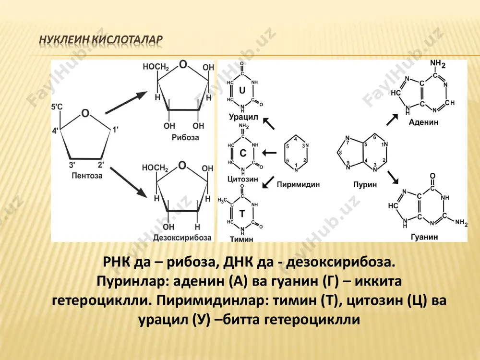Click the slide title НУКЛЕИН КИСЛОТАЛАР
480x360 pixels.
coord(101,40)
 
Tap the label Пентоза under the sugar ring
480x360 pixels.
coord(87,176)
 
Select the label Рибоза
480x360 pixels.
coord(185,137)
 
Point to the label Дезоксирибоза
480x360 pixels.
coord(182,238)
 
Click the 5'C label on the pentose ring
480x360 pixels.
coord(57,107)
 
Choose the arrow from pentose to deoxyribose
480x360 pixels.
coord(129,182)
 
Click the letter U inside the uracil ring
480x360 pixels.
coord(242,90)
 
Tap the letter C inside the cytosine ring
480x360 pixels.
coord(243,153)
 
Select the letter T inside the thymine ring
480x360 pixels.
coord(242,214)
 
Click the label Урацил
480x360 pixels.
coord(243,117)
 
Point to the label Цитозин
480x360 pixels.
coord(243,179)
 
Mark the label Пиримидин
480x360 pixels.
coord(298,185)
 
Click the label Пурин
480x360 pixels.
coord(365,185)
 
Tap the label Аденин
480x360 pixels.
coord(423,122)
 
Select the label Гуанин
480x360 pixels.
coord(424,237)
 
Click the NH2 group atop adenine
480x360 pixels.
coord(437,64)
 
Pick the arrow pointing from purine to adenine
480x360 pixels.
coord(392,120)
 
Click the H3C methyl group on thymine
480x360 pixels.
coord(223,201)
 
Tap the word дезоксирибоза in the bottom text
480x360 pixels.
coord(340,263)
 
